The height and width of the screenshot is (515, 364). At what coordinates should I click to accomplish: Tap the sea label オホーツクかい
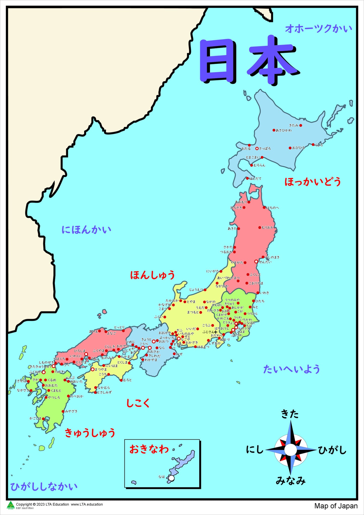tap(318, 29)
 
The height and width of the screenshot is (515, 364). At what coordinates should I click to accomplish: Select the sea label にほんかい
tap(86, 230)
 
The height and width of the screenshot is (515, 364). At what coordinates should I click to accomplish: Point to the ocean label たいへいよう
tap(291, 369)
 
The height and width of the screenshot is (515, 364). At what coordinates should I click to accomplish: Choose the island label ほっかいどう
tap(313, 182)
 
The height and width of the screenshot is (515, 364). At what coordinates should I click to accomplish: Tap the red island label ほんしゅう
tap(152, 275)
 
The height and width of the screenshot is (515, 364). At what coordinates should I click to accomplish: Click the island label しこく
tap(138, 403)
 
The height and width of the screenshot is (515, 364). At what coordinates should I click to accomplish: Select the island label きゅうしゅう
tap(90, 433)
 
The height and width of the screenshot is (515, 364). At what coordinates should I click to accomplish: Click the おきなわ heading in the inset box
tap(149, 449)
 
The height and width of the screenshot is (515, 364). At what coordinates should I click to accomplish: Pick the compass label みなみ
tap(291, 481)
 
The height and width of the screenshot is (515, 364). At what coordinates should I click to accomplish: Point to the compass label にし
tap(255, 450)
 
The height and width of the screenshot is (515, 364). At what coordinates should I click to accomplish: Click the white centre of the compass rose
tap(290, 450)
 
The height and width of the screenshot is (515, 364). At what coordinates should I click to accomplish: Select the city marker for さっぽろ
tap(257, 149)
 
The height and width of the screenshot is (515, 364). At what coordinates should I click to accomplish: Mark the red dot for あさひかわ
tap(274, 130)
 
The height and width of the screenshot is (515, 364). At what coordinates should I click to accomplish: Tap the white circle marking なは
tap(171, 478)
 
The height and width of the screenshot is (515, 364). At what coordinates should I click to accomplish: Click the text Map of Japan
tap(336, 506)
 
